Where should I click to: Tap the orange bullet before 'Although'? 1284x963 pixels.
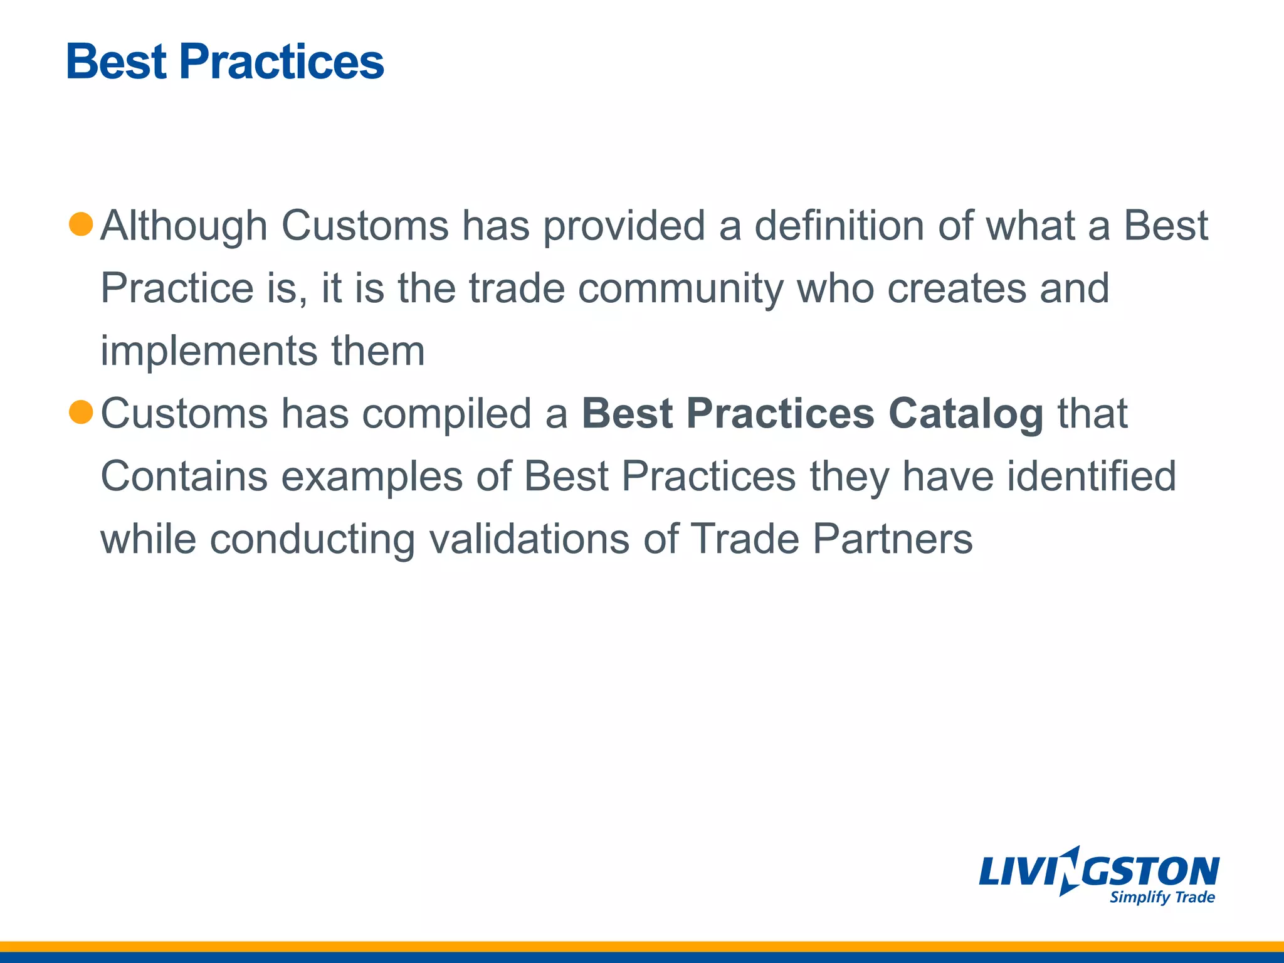pos(81,224)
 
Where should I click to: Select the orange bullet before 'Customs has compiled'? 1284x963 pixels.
pos(81,412)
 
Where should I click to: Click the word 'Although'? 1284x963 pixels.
pos(184,226)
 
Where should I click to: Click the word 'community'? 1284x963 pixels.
pos(680,288)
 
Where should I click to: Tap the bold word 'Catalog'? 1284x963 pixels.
pos(966,415)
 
